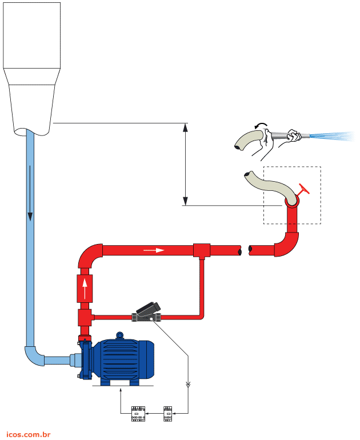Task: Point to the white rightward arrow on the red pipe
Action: [x=154, y=250]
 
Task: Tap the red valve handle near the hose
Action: [x=303, y=191]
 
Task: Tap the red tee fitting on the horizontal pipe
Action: [x=202, y=250]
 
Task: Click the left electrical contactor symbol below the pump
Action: [x=138, y=413]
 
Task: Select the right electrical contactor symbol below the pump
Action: [x=168, y=413]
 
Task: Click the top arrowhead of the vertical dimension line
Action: [x=185, y=127]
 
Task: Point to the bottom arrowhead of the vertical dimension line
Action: [x=185, y=201]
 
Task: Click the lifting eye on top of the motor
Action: [x=119, y=335]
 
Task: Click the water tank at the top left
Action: [x=31, y=63]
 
